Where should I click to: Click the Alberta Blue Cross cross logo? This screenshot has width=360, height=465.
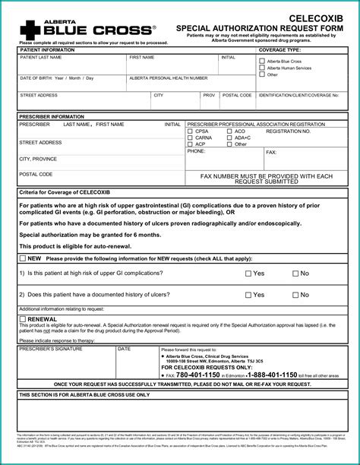click(x=28, y=28)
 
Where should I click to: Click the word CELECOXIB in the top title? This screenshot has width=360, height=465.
click(x=321, y=17)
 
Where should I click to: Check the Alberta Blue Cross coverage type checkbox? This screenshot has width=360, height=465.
click(x=262, y=60)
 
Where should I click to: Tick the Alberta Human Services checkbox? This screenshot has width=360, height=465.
click(x=262, y=68)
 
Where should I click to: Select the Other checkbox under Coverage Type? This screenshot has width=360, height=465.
click(x=262, y=74)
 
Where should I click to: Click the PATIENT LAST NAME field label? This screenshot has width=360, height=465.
click(x=41, y=57)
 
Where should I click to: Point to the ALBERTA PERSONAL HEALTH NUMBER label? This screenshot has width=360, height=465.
click(x=168, y=78)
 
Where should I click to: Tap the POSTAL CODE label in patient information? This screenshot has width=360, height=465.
click(x=237, y=96)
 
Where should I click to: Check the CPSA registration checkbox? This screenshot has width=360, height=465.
click(x=190, y=131)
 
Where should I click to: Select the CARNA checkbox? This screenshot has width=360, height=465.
click(x=190, y=138)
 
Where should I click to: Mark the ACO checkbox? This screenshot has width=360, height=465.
click(x=229, y=131)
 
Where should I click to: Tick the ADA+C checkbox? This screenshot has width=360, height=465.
click(x=229, y=138)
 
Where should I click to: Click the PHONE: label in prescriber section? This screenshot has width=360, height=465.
click(x=196, y=150)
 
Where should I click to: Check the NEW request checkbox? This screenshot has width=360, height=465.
click(x=22, y=258)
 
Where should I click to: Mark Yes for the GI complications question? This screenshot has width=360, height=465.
click(x=248, y=274)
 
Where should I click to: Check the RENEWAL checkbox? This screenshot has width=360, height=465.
click(x=22, y=320)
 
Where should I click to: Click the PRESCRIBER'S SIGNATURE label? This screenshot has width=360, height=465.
click(x=46, y=349)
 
